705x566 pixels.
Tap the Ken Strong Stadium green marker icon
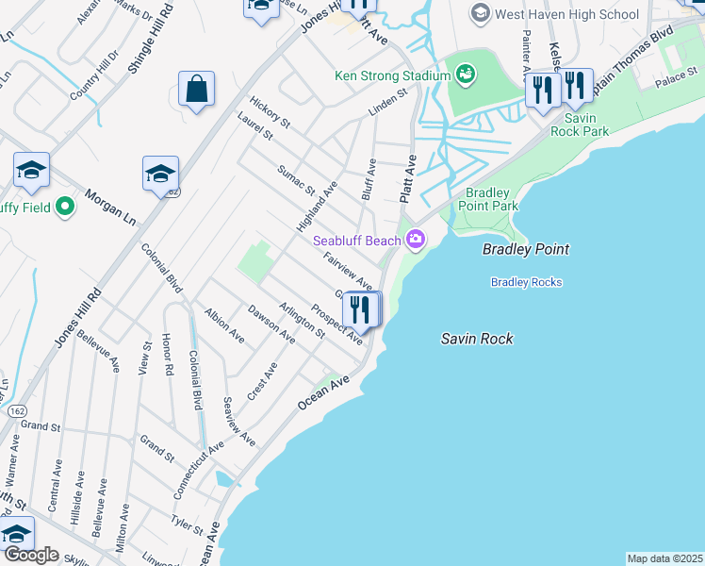[464, 73]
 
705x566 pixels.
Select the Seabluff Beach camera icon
[415, 241]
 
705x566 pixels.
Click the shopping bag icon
[196, 90]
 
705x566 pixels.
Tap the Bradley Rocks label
[526, 282]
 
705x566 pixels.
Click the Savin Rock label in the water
[477, 338]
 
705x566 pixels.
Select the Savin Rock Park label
[586, 125]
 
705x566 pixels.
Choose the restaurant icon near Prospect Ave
[360, 308]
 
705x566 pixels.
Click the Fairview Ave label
[348, 271]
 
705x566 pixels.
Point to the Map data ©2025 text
[664, 558]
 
